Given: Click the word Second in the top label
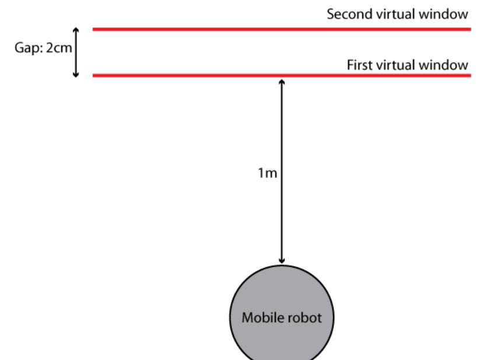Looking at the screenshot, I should click(x=345, y=15).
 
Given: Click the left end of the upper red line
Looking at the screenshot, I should click(x=94, y=29).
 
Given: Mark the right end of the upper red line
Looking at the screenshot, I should click(x=470, y=29).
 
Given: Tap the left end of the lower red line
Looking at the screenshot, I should click(x=94, y=75).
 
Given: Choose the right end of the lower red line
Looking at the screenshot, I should click(x=470, y=75).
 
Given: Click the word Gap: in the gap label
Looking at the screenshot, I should click(x=27, y=47).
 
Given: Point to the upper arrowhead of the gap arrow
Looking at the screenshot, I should click(x=75, y=30).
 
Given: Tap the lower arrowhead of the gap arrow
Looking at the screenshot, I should click(x=75, y=74).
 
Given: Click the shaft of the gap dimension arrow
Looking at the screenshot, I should click(x=75, y=53).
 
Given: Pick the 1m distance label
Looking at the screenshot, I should click(x=267, y=173).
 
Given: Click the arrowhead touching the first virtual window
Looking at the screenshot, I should click(x=282, y=82).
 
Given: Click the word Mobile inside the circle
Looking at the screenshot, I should click(x=260, y=319).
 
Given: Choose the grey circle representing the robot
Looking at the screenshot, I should click(x=282, y=341).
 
